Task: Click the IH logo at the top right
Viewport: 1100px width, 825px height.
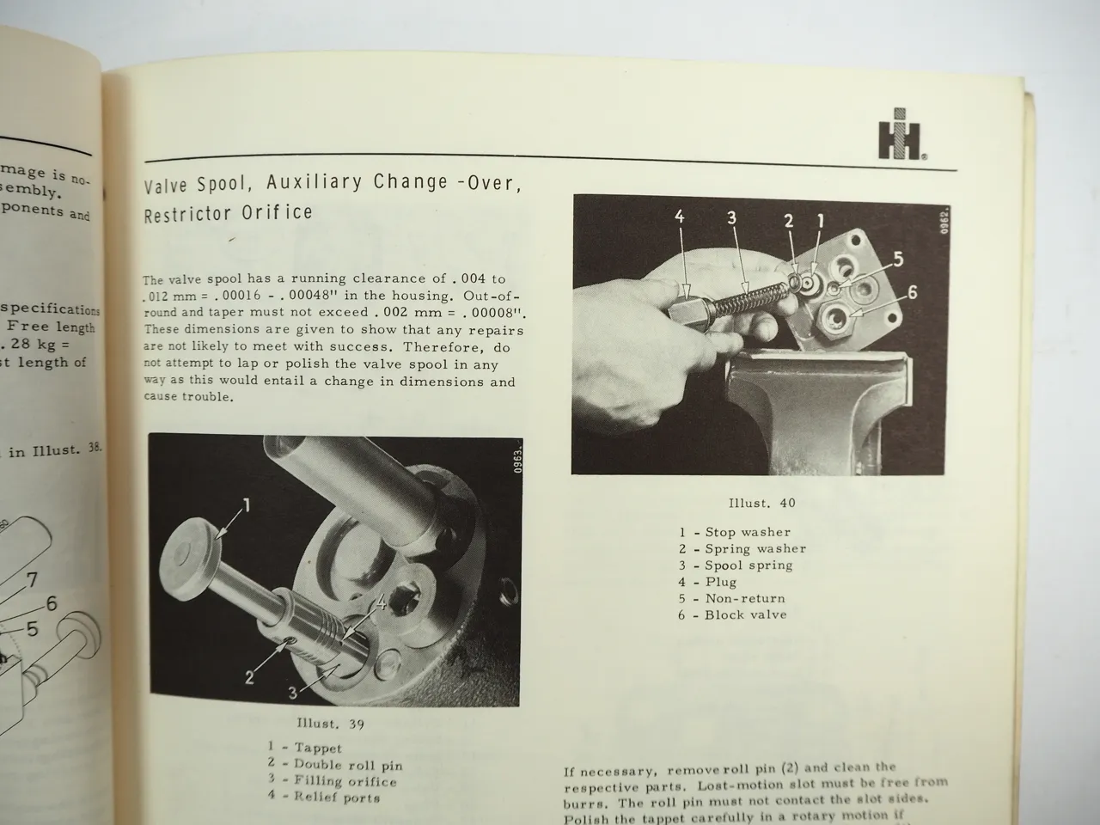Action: click(x=901, y=135)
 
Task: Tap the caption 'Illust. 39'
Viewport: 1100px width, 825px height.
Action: click(x=331, y=724)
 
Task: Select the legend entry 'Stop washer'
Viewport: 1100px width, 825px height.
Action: click(x=746, y=532)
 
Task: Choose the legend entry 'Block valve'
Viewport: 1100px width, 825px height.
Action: click(x=744, y=614)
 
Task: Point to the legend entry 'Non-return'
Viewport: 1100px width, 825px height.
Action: click(x=744, y=598)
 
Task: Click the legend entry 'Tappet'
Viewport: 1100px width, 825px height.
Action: click(x=317, y=748)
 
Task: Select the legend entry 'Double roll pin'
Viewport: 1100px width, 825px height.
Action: click(x=347, y=764)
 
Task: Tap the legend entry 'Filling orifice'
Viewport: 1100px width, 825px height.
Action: click(x=345, y=781)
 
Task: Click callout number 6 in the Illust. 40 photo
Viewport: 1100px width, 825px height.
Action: click(x=913, y=292)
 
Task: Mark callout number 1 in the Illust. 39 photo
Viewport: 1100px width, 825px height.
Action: click(x=246, y=505)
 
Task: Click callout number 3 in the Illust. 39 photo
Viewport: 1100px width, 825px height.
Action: click(x=293, y=694)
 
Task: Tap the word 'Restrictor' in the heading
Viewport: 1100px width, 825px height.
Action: click(x=184, y=213)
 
